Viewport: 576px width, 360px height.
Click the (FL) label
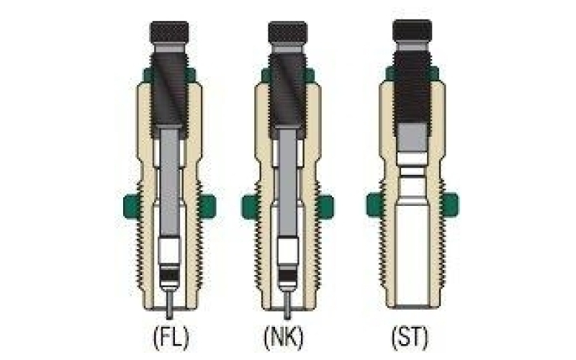click(171, 337)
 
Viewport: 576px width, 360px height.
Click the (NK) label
click(284, 337)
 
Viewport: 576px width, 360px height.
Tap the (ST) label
click(410, 337)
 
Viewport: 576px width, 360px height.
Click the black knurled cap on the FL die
click(169, 32)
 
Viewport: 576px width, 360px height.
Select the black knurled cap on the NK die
click(287, 32)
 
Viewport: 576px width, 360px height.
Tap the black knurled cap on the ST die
click(412, 30)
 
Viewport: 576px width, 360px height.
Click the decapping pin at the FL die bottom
click(170, 305)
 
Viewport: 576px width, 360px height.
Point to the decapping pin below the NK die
click(287, 305)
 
